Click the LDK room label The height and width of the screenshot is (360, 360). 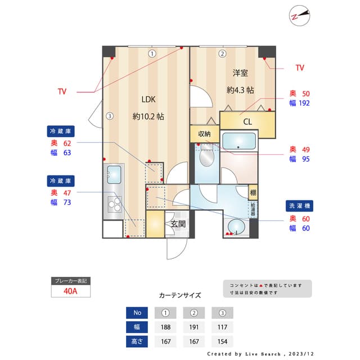[x=148, y=100]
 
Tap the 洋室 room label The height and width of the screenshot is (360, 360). [x=240, y=73]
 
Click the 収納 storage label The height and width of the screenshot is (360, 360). [x=204, y=134]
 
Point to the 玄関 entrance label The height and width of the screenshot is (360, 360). [x=178, y=224]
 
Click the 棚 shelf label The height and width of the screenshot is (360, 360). [x=253, y=192]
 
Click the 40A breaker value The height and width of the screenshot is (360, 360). [x=71, y=292]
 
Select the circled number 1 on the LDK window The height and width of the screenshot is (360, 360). [x=151, y=54]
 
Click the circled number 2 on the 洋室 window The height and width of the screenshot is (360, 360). [x=222, y=54]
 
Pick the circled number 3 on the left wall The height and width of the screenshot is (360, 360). [x=110, y=116]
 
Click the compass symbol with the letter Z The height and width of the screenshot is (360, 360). [x=300, y=15]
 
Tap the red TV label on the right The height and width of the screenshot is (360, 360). [x=299, y=67]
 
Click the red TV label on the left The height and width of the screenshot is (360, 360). [x=62, y=91]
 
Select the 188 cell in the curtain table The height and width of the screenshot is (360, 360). [x=166, y=327]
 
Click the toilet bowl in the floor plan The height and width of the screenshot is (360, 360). [x=206, y=158]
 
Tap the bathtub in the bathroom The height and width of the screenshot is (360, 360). [x=239, y=141]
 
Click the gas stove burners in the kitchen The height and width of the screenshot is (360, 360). [x=115, y=202]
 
